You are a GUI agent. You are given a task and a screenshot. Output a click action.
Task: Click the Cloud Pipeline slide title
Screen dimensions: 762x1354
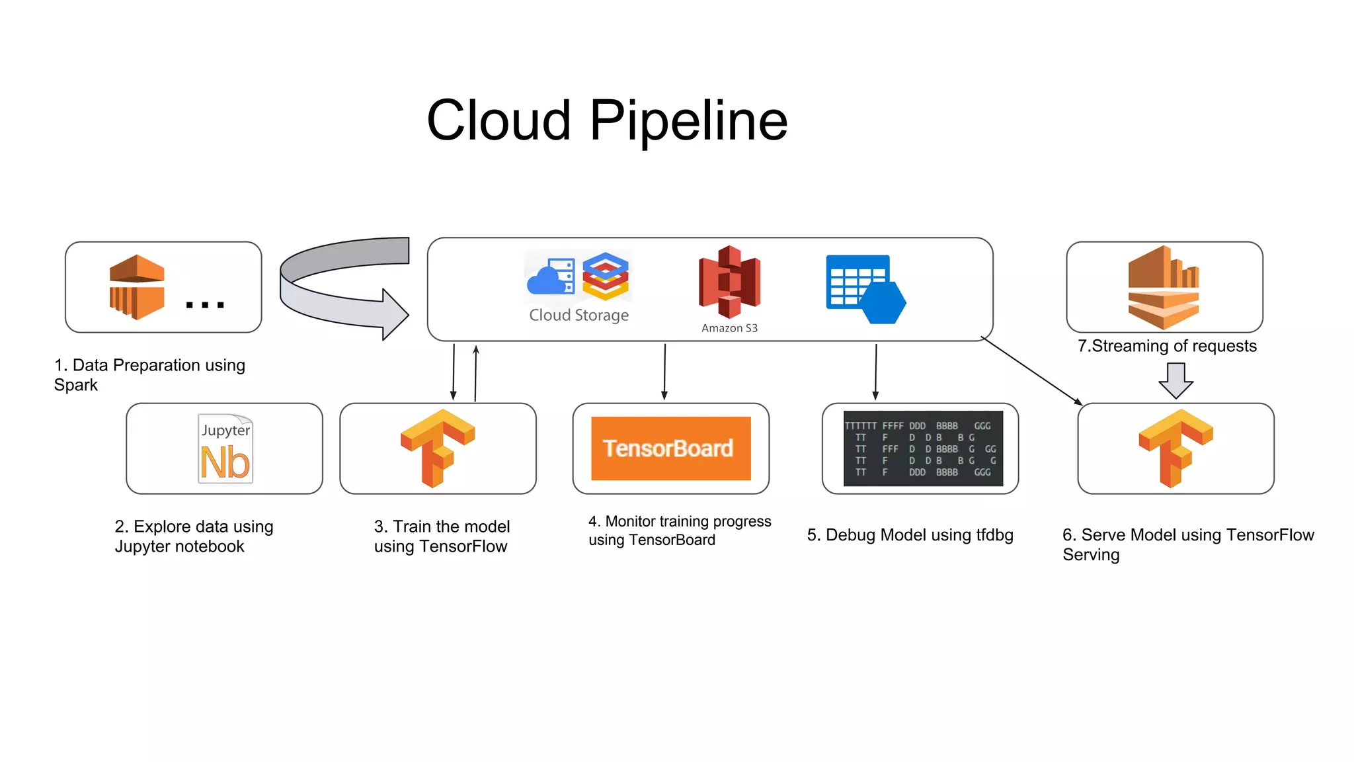tap(607, 121)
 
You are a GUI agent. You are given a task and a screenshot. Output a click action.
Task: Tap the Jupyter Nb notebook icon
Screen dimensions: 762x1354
tap(225, 449)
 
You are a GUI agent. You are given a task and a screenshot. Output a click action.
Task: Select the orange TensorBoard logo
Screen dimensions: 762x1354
tap(670, 448)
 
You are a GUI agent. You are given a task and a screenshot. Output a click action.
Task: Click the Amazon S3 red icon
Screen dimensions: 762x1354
tap(729, 282)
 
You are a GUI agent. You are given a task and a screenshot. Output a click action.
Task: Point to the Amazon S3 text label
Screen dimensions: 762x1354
tap(729, 328)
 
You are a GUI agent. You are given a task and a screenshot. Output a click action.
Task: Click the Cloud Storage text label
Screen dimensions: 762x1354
tap(578, 316)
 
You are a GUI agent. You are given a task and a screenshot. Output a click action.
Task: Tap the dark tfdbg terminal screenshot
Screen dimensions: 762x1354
tap(923, 448)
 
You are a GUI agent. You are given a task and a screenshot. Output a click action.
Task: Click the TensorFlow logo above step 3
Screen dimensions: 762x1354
tap(438, 448)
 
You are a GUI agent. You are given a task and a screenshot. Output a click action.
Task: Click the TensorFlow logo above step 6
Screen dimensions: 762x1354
tap(1175, 448)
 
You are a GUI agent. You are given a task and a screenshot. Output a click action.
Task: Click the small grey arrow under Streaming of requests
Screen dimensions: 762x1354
tap(1175, 380)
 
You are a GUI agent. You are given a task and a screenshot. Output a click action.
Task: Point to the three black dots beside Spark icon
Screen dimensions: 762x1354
tap(205, 305)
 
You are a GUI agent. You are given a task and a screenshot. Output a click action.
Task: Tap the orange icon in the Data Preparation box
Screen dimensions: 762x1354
tap(137, 287)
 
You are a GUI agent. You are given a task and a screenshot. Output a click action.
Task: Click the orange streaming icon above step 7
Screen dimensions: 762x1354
tap(1164, 287)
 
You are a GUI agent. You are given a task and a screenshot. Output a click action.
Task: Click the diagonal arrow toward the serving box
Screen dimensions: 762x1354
tap(1031, 370)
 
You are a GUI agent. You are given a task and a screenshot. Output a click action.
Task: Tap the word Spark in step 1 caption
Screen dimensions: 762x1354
tap(75, 385)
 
